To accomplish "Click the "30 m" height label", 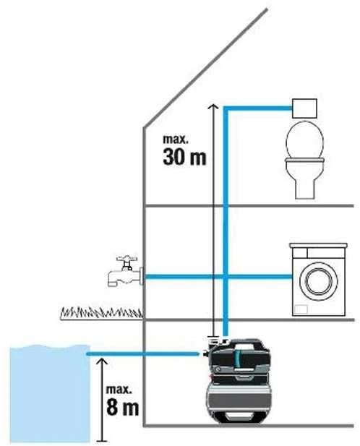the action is pos(184,157).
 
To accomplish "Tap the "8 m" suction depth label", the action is pos(123,407).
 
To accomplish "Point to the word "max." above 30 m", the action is pos(176,139).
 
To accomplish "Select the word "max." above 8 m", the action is pos(119,390).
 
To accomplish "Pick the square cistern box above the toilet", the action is pos(304,108).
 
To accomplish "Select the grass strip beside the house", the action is pos(101,313).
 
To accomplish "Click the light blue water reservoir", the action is pos(50,394).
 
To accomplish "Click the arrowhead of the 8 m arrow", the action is pos(102,361).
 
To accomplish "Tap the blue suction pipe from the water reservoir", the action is pos(142,354).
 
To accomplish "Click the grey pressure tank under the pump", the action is pos(239,395).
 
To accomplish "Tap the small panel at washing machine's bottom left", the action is pos(301,309).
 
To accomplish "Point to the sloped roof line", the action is pos(205,68).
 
